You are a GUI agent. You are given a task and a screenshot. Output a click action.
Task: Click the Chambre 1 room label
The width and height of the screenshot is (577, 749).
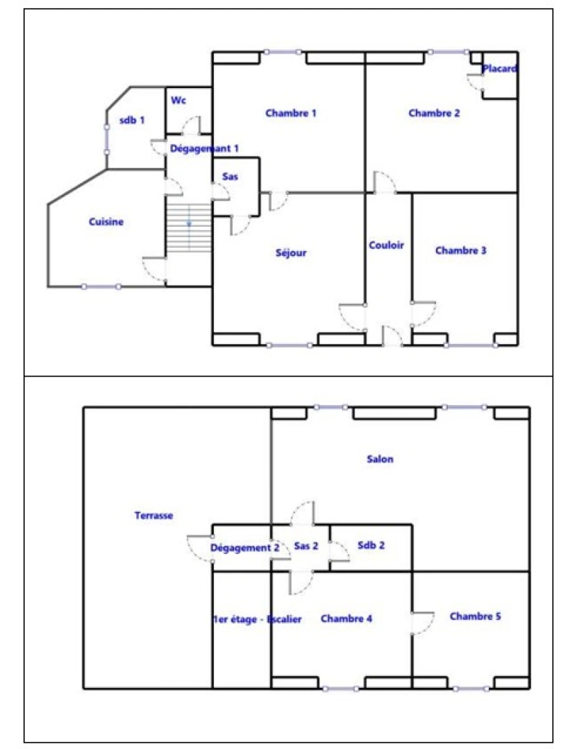pyautogui.click(x=291, y=113)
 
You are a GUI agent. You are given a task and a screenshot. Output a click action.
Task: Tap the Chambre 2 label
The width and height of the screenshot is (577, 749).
pyautogui.click(x=434, y=113)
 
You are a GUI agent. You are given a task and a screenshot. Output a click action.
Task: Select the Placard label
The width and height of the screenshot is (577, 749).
pyautogui.click(x=500, y=69)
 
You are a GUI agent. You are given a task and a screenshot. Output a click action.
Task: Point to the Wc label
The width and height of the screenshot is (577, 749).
pyautogui.click(x=179, y=101)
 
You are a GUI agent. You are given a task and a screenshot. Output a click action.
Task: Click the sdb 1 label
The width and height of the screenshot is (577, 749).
pyautogui.click(x=132, y=120)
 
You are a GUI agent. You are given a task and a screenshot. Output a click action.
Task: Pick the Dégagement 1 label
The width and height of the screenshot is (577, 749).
pyautogui.click(x=205, y=148)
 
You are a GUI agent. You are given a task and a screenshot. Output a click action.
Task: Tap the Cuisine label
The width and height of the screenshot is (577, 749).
pyautogui.click(x=106, y=222)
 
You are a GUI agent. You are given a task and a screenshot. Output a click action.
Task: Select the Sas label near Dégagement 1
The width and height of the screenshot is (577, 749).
pyautogui.click(x=231, y=177)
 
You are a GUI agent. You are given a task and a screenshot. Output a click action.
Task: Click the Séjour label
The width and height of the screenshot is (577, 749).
pyautogui.click(x=291, y=253)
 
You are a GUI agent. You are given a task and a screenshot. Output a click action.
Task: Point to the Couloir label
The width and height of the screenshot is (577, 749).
pyautogui.click(x=387, y=245)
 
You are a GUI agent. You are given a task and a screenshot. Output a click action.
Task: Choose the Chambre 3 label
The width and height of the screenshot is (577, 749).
pyautogui.click(x=460, y=250)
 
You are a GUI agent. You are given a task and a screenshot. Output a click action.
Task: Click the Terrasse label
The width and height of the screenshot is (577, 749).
pyautogui.click(x=153, y=515)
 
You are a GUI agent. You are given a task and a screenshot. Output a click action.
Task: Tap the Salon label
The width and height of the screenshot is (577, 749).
pyautogui.click(x=381, y=459)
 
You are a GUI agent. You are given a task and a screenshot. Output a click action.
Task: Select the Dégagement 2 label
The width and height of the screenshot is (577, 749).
pyautogui.click(x=245, y=548)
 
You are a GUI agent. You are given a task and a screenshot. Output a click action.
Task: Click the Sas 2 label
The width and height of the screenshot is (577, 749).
pyautogui.click(x=306, y=546)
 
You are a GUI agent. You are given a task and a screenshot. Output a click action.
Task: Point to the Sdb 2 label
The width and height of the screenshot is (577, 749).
pyautogui.click(x=371, y=545)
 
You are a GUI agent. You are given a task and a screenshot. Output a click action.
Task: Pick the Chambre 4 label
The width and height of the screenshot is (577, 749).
pyautogui.click(x=346, y=619)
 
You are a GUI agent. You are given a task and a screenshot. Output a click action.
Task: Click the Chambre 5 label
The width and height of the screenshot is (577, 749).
pyautogui.click(x=475, y=616)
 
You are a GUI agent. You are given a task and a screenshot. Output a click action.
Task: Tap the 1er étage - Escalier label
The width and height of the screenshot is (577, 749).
pyautogui.click(x=257, y=619)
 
